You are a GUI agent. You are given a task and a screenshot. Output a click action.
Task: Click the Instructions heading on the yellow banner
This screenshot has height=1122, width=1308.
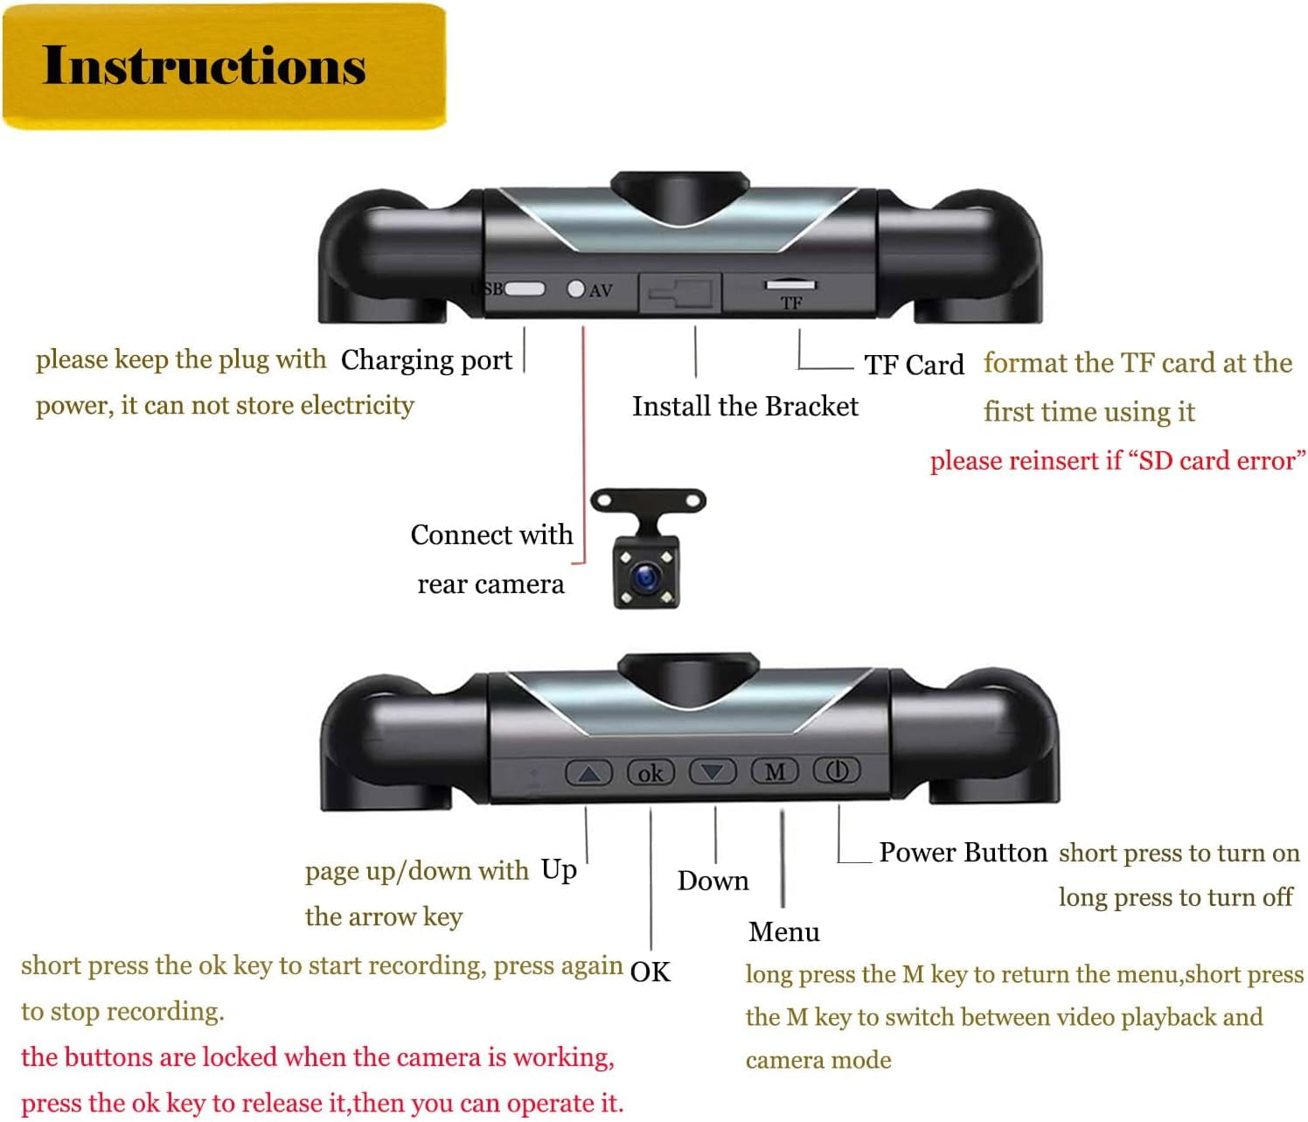(204, 66)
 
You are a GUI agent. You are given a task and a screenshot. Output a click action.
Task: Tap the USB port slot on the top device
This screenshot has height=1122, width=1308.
(525, 289)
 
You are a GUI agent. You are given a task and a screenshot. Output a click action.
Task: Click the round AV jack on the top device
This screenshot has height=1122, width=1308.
(575, 289)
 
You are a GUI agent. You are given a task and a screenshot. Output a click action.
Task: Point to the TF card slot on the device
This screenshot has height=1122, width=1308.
(790, 285)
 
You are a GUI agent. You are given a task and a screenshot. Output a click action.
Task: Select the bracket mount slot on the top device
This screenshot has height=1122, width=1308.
(680, 292)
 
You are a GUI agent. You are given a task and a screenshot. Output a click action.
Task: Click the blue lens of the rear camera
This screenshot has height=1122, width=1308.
(647, 575)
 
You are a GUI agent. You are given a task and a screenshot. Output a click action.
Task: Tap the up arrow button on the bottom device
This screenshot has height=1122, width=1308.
(588, 772)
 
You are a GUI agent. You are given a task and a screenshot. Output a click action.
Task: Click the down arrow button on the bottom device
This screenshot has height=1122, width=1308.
(713, 771)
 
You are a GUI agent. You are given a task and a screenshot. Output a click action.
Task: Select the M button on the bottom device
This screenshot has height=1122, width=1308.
(775, 771)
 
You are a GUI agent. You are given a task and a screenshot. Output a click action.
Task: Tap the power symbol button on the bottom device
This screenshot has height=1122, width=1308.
(837, 770)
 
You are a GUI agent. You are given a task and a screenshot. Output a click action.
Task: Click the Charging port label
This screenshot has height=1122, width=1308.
(426, 359)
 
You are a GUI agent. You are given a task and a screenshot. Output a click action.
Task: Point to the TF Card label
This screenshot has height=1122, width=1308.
(914, 365)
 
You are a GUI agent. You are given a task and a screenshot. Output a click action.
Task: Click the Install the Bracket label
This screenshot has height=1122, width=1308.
(745, 407)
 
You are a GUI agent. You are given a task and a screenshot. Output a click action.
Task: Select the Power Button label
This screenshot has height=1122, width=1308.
(963, 852)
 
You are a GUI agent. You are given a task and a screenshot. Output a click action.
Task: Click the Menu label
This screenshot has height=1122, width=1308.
(783, 932)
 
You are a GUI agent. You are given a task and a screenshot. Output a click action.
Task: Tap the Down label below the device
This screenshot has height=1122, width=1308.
(713, 881)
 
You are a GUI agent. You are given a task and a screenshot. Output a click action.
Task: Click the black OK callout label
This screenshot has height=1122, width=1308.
(650, 972)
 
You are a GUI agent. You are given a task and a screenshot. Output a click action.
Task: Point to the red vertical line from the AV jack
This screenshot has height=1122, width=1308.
(583, 437)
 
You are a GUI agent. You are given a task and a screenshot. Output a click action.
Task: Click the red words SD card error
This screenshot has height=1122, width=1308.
(1216, 461)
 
